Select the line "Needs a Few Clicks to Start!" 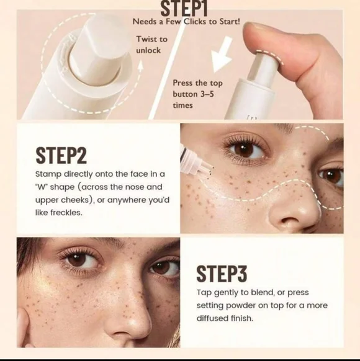pos(186,22)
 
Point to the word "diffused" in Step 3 pos(215,319)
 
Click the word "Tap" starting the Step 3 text pos(204,292)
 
